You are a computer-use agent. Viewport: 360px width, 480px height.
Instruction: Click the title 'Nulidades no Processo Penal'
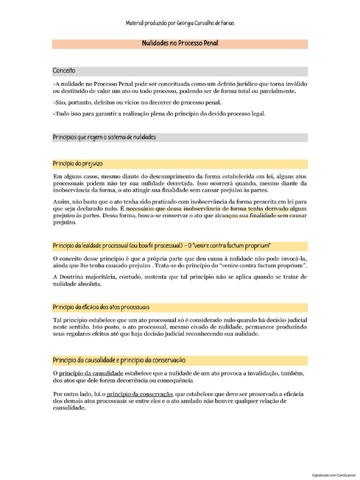[x=180, y=44]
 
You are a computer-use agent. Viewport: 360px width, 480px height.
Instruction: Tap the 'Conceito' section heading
[x=64, y=71]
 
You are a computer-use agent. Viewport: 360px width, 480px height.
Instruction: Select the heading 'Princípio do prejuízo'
[x=78, y=164]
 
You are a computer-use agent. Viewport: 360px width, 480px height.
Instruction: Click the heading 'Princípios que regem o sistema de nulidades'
[x=104, y=137]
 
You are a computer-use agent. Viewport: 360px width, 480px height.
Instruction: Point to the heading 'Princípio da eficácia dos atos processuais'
[x=101, y=307]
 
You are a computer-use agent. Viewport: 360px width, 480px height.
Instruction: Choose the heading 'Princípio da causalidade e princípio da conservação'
[x=119, y=360]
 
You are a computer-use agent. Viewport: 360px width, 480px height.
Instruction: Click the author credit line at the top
[x=180, y=23]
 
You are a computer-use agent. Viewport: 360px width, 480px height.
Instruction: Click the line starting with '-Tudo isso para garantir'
[x=159, y=113]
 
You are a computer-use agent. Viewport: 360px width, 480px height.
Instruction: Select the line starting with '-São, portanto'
[x=137, y=102]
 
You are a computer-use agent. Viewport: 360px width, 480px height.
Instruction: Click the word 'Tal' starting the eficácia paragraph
[x=57, y=320]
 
